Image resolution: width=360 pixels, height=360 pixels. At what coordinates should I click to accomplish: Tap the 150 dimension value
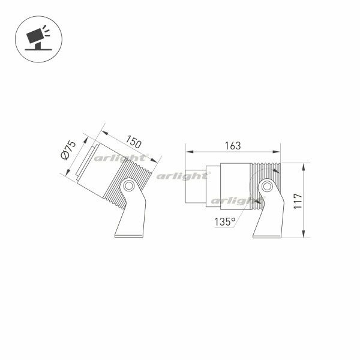click(134, 143)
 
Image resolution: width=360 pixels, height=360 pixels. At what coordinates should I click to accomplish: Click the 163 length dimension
click(232, 146)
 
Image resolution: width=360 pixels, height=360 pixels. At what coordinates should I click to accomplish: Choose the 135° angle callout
click(225, 221)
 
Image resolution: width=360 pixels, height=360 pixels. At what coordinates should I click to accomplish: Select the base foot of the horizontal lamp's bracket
click(267, 235)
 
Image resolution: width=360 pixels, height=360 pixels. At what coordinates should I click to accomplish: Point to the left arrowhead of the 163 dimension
click(187, 152)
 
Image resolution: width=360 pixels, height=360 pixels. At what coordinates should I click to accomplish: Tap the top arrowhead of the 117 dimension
click(304, 165)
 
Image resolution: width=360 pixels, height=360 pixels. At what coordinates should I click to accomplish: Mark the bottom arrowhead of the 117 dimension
click(304, 235)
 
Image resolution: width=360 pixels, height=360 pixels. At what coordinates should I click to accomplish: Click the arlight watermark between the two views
click(182, 176)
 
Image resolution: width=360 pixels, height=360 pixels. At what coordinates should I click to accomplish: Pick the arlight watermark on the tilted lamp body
click(112, 159)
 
